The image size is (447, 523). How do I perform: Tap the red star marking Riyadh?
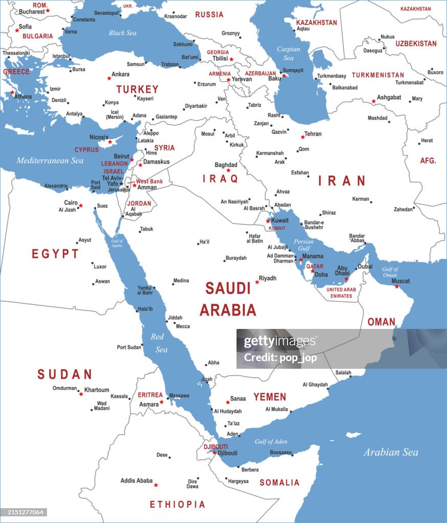[x=257, y=282]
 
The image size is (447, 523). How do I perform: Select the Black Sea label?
[x=123, y=33]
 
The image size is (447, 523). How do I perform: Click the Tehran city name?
[x=313, y=134]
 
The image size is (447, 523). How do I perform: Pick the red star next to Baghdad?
[x=228, y=171]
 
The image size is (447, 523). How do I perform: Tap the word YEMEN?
[x=270, y=397]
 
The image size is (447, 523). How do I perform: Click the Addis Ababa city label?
[x=136, y=481]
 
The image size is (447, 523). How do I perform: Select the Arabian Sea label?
[x=391, y=452]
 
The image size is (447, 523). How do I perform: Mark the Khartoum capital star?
[x=81, y=394]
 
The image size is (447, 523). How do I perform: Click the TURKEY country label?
[x=137, y=89]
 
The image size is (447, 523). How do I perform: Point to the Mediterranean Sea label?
[x=50, y=160]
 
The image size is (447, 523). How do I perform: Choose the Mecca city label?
[x=182, y=326]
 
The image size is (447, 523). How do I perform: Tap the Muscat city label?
[x=401, y=281]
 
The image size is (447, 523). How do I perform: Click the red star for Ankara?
[x=109, y=78]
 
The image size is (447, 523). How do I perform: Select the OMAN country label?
[x=381, y=322]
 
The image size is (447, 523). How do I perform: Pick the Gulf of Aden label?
[x=271, y=441]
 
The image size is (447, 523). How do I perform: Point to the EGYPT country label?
[x=55, y=254]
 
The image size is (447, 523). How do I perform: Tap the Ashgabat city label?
[x=389, y=97]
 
